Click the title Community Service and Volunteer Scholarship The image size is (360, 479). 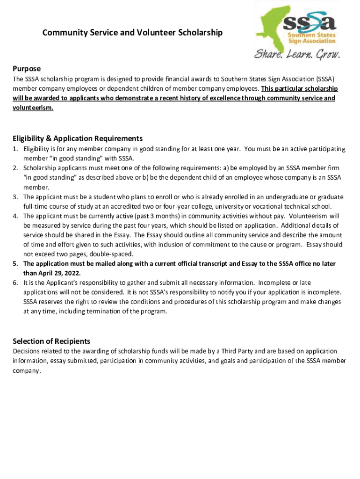coord(132,33)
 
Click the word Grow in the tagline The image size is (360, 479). coord(328,55)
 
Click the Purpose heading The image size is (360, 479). coord(27,68)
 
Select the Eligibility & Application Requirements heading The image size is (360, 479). coord(78,138)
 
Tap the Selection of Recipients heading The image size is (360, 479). coord(51,341)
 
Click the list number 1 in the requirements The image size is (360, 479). coord(15,149)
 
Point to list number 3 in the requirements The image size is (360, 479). coord(15,196)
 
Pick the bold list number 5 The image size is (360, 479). coord(15,264)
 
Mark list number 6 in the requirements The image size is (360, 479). coord(15,283)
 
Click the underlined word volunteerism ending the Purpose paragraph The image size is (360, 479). coord(33,107)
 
